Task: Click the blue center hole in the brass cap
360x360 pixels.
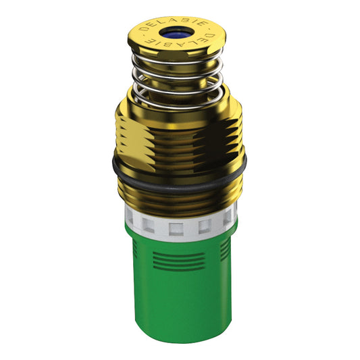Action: [x=176, y=33]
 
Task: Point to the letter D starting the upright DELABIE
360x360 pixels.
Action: [x=143, y=29]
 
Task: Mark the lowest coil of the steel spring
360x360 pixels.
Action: [x=178, y=101]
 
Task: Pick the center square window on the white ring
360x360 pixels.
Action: [x=176, y=229]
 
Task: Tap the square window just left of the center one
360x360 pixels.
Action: [x=148, y=224]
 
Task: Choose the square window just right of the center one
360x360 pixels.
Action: [x=205, y=226]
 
